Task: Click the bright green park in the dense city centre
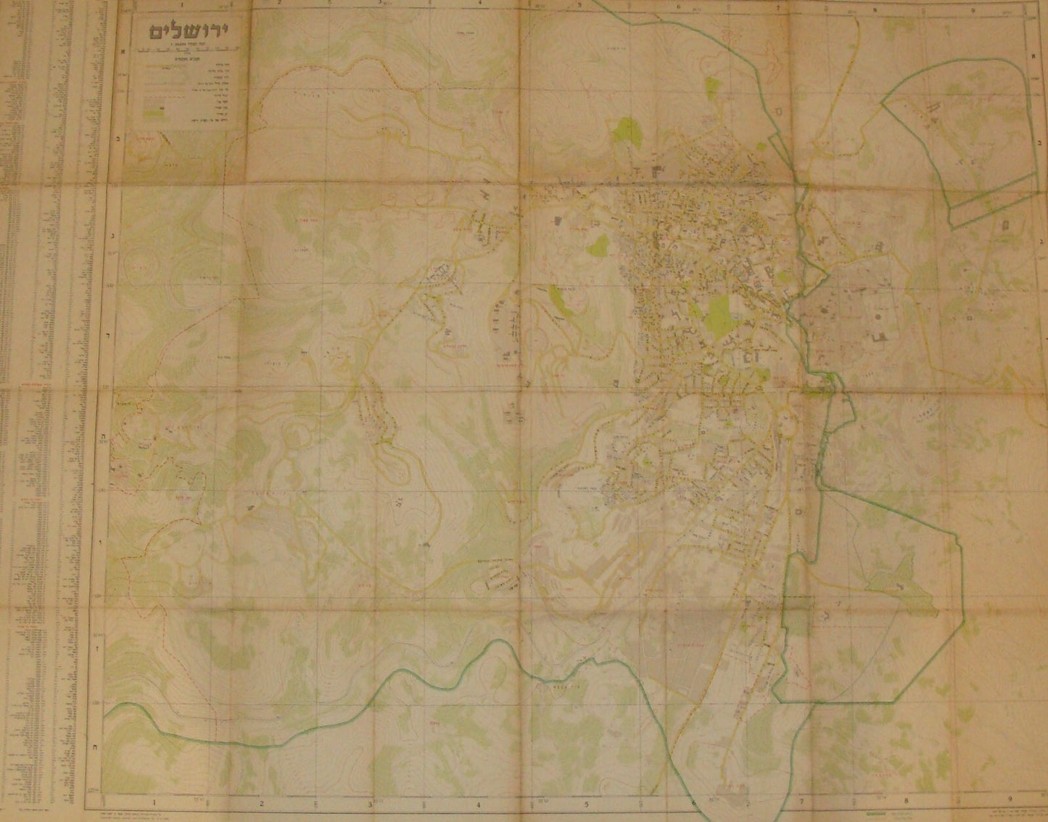[x=719, y=313]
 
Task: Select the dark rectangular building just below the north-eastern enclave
[x=1006, y=226]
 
